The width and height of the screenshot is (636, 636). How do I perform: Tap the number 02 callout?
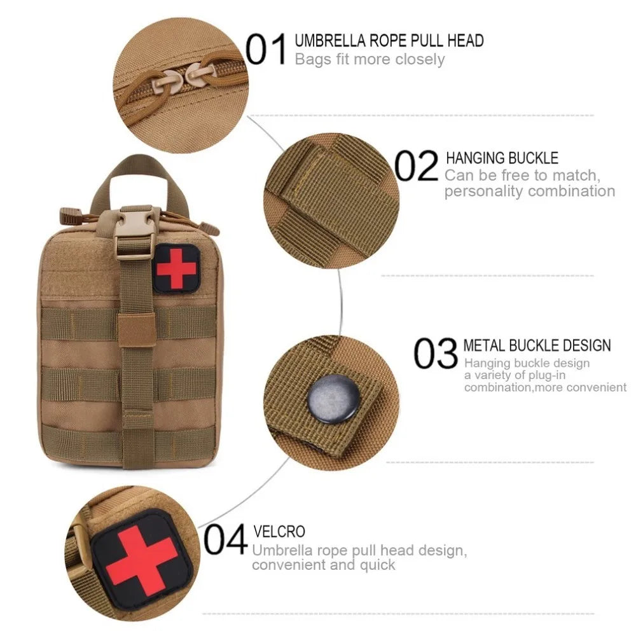point(417,166)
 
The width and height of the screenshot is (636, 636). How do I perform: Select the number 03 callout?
point(436,354)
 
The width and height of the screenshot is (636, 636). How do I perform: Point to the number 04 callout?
point(225,541)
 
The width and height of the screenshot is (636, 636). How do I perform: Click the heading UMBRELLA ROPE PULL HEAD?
point(389,41)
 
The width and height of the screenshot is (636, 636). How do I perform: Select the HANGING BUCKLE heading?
point(502,158)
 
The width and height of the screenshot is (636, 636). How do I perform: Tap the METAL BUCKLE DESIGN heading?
point(537,345)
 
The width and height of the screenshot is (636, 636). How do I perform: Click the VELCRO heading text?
point(279,531)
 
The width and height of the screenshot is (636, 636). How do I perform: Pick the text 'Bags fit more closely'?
point(370,60)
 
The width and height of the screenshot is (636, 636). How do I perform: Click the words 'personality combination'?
point(529,191)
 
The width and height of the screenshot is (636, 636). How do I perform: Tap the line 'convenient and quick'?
point(324,565)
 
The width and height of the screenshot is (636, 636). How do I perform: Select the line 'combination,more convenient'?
point(545,387)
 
